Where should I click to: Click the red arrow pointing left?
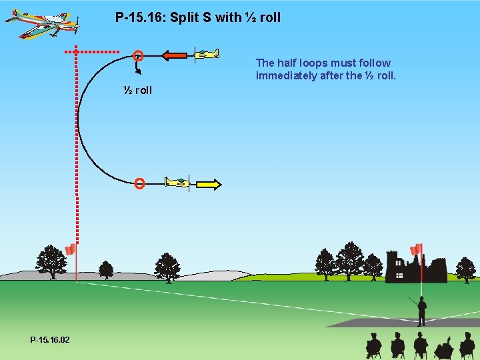point(175,55)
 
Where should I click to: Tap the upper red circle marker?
point(138,55)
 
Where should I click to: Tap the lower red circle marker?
point(139,183)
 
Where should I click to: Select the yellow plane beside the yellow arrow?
point(177,182)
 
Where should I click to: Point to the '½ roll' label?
point(137,91)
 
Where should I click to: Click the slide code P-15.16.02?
point(49,340)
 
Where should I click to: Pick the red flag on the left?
point(70,250)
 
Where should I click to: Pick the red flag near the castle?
point(417,250)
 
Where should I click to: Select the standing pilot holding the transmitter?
point(421,311)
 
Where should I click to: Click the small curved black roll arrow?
point(138,69)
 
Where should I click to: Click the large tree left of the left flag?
point(51,261)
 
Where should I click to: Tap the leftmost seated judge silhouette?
point(374,346)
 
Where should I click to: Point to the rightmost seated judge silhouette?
point(467,346)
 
